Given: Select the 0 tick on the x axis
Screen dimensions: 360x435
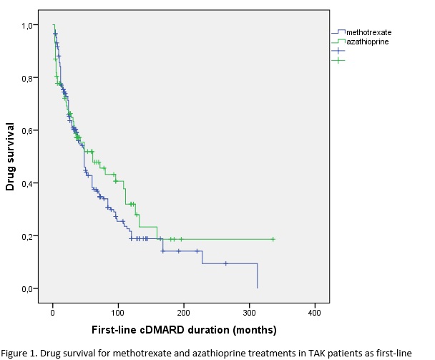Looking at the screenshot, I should [53, 313].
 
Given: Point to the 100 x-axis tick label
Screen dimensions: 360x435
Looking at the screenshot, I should [118, 313].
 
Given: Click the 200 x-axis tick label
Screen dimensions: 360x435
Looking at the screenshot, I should [183, 313].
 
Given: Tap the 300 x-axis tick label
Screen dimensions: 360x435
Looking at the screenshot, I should [249, 313].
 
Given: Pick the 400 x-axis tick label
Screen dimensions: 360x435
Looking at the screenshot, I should [314, 313].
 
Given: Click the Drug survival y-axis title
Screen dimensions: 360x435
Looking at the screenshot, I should [10, 156].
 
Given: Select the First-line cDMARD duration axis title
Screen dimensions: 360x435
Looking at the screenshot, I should [183, 331].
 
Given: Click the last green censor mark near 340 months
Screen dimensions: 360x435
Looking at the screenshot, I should [273, 239].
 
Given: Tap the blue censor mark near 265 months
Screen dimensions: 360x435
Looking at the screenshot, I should [225, 263].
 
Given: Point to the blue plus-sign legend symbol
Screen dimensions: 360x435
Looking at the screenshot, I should [338, 51].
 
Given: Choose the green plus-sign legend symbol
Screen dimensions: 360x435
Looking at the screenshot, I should [338, 60].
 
